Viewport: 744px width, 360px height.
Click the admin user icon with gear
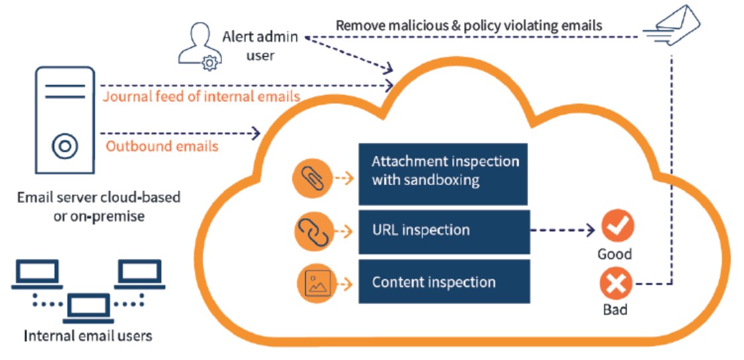click(x=198, y=45)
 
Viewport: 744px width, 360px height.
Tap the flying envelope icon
click(x=671, y=24)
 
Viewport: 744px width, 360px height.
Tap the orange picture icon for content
click(x=315, y=283)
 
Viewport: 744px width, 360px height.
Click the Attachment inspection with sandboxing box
click(x=443, y=174)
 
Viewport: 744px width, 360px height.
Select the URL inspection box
click(x=444, y=231)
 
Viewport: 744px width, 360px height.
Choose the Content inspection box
click(x=444, y=282)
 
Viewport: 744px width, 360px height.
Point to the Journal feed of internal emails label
click(x=201, y=96)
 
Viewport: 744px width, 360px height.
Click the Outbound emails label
click(x=162, y=146)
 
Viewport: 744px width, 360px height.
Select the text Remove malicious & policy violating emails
click(x=469, y=26)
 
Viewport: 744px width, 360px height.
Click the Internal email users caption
click(x=88, y=336)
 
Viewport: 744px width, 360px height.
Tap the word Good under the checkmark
click(x=615, y=254)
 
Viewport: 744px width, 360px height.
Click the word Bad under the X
click(x=615, y=309)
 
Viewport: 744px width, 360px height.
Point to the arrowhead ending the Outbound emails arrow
click(x=256, y=134)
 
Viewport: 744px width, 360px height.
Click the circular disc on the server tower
click(x=63, y=146)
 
